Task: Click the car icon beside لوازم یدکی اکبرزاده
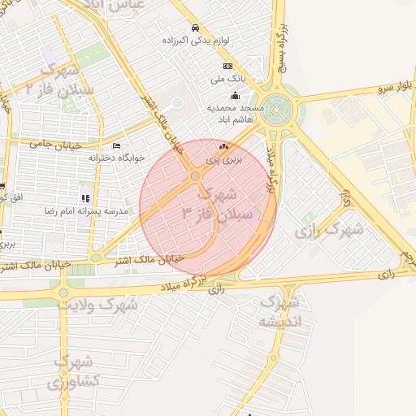pyautogui.click(x=195, y=28)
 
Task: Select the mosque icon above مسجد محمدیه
pyautogui.click(x=235, y=97)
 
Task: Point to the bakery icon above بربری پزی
pyautogui.click(x=223, y=146)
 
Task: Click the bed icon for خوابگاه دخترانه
pyautogui.click(x=117, y=146)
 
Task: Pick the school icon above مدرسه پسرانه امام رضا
pyautogui.click(x=84, y=198)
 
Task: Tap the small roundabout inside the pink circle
pyautogui.click(x=194, y=175)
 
